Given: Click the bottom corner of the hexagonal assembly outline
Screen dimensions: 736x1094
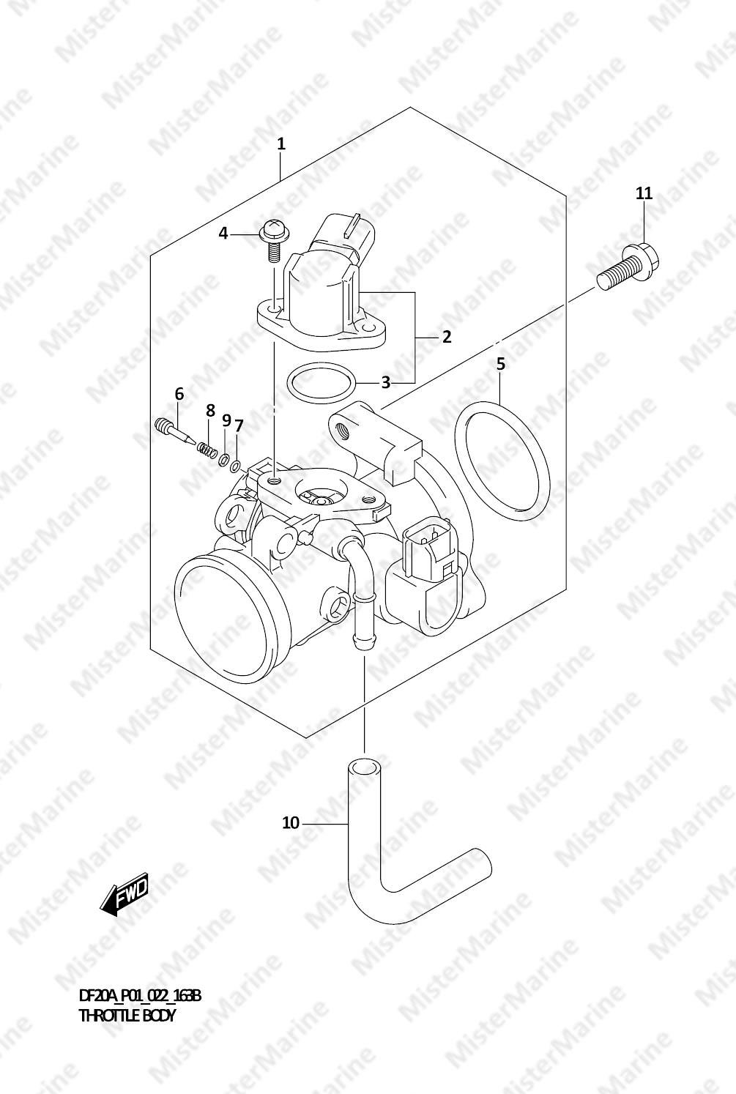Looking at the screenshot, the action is tap(306, 737).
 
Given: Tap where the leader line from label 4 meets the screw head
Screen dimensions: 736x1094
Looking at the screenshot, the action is tap(259, 235).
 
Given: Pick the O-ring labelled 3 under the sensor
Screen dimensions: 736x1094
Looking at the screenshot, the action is tap(321, 383).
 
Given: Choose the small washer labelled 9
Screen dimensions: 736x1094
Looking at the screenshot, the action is tap(225, 459).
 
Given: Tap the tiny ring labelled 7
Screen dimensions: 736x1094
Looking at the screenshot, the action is tap(235, 466).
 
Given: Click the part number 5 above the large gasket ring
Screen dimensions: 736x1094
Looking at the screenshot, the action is tap(501, 364).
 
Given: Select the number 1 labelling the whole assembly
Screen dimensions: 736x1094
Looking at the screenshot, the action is tap(280, 144).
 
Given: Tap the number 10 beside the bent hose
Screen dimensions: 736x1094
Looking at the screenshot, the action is tap(291, 823).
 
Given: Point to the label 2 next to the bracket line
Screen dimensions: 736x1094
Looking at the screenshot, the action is tap(447, 337).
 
